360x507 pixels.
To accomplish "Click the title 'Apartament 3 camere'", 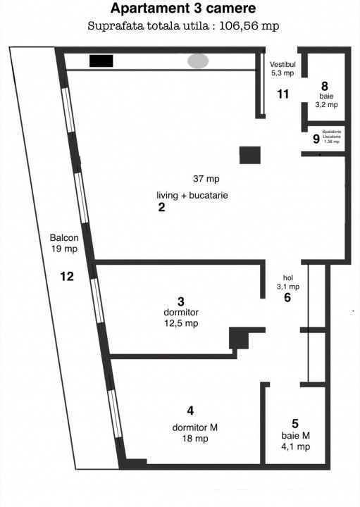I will (x=183, y=9).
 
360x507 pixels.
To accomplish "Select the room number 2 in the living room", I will (x=161, y=208).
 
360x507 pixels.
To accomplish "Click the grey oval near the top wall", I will (x=198, y=61).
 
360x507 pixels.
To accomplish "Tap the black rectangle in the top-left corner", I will (x=101, y=61).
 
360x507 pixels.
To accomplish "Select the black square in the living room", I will (x=250, y=155).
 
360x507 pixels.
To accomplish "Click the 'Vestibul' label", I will (x=283, y=63).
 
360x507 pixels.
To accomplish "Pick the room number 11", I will (x=283, y=94).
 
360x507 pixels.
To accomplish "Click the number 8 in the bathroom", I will (x=325, y=89).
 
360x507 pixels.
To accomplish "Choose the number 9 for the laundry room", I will (x=316, y=139).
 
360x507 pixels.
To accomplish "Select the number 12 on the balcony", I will (x=67, y=276).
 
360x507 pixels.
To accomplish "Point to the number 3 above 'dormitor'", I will (x=181, y=301).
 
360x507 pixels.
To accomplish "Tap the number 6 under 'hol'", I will (x=287, y=298).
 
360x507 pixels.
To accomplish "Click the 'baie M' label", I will (x=295, y=436).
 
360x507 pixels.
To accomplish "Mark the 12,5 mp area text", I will (x=181, y=323).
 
